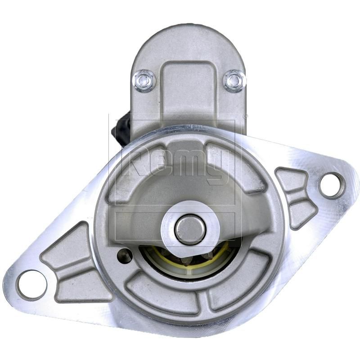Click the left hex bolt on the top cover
tap(144, 81)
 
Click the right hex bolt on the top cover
tap(234, 81)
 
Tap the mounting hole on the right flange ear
tap(332, 185)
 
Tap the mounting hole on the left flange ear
tap(31, 284)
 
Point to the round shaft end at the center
tap(190, 229)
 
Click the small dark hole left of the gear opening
tap(125, 256)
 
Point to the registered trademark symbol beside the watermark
tap(245, 117)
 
